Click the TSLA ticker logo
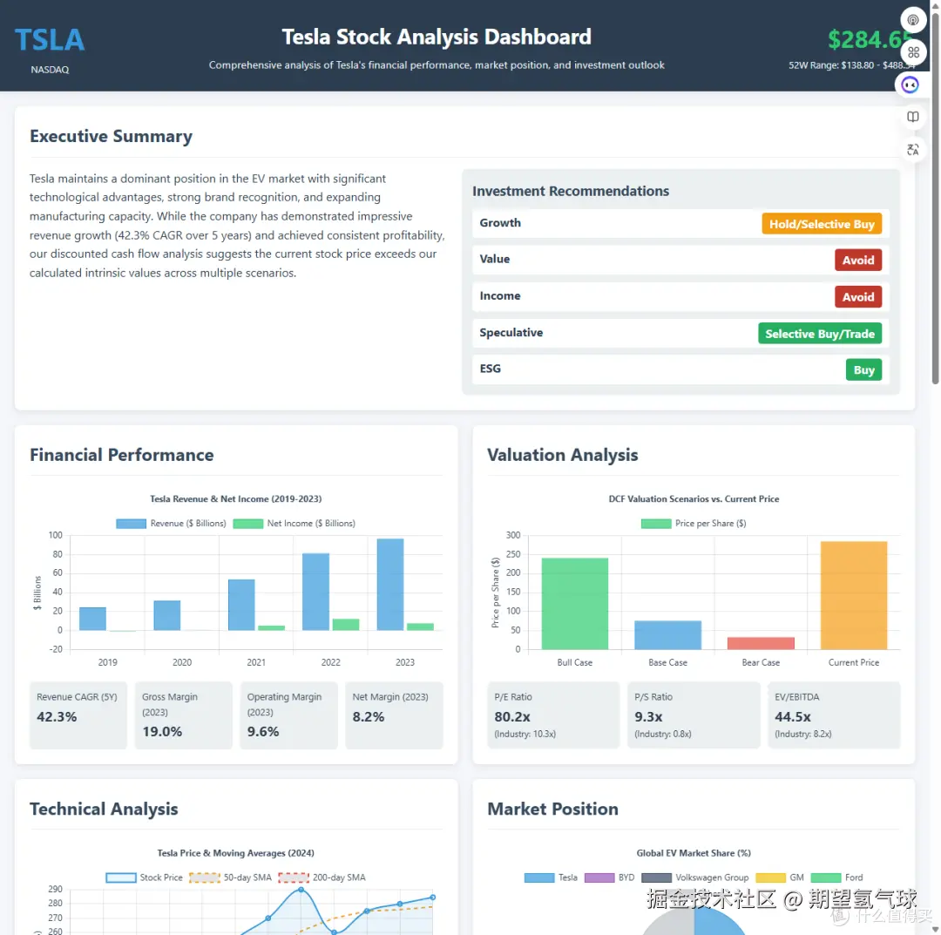pos(50,40)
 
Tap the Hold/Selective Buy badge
pos(822,224)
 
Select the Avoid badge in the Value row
pos(857,260)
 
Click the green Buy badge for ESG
pos(863,369)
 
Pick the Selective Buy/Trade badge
pos(819,334)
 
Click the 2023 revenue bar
pos(390,584)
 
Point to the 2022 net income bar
pos(345,624)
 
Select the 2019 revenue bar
pos(92,619)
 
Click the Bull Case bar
pos(575,603)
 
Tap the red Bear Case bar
pos(761,643)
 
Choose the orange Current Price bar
pos(854,595)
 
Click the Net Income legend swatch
pos(247,524)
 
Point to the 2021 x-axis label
pos(256,662)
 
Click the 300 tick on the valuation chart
pos(512,535)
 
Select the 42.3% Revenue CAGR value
pos(57,717)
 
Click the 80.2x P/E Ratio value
pos(512,717)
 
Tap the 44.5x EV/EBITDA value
pos(793,717)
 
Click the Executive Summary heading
pos(111,136)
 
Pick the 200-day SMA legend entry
pos(323,877)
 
